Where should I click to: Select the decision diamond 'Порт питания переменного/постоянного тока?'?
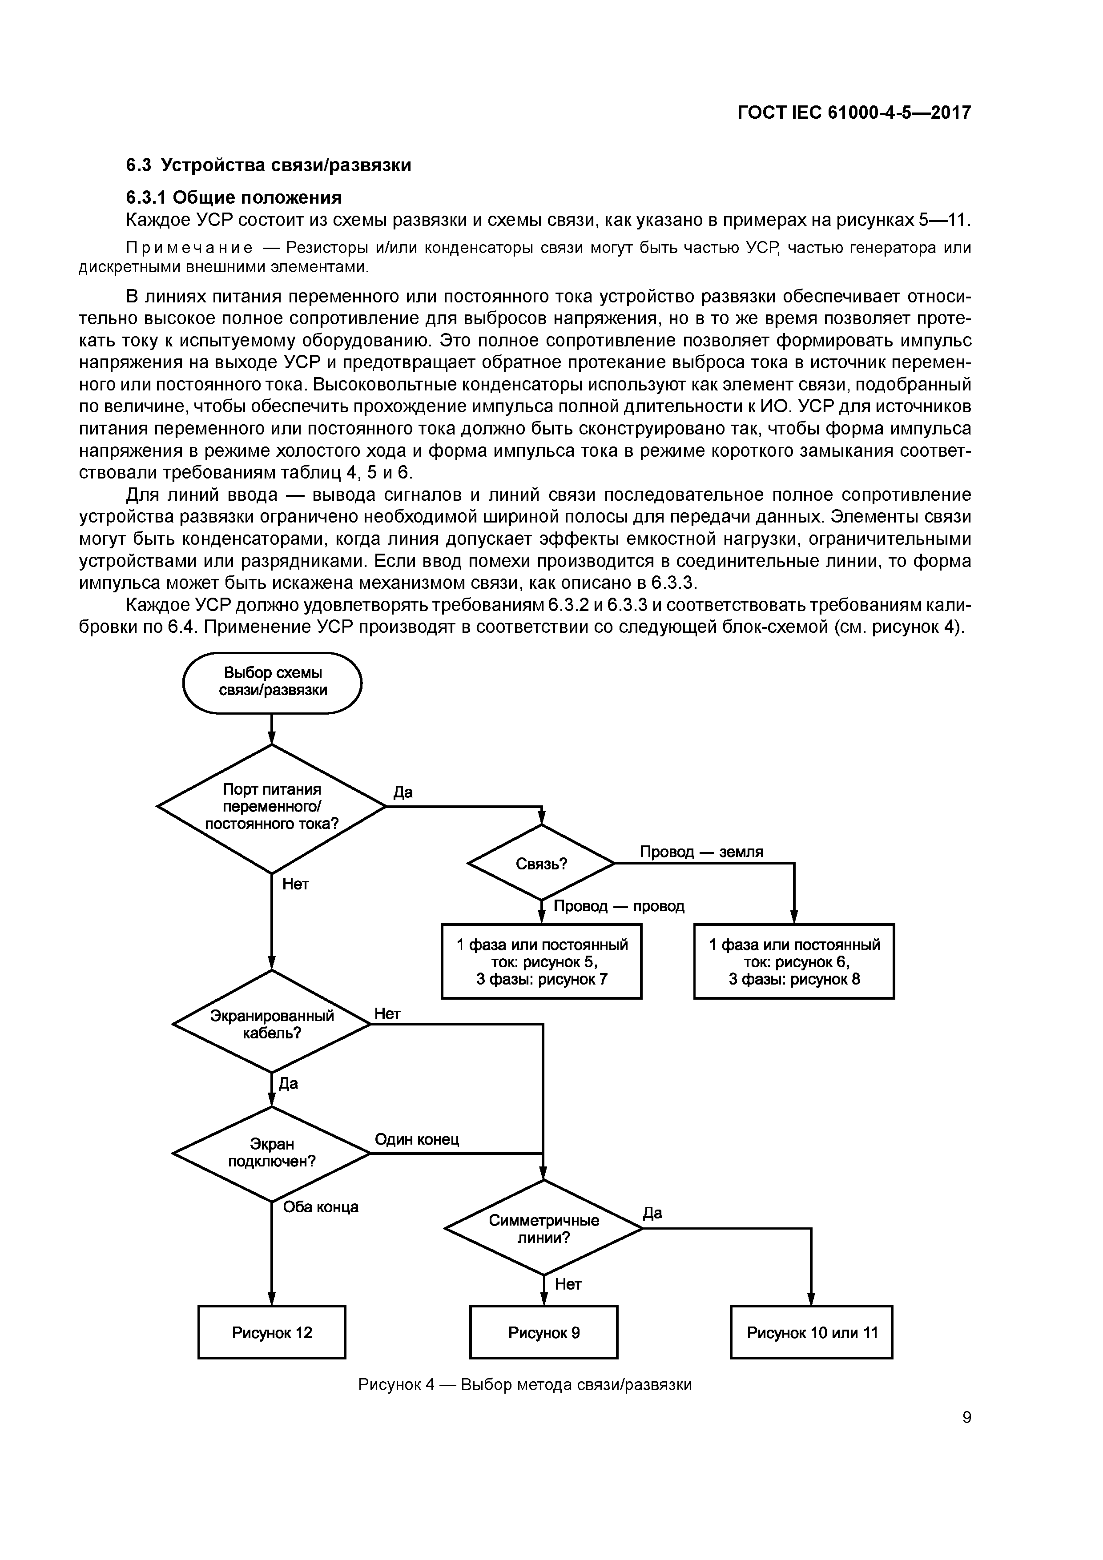(x=272, y=807)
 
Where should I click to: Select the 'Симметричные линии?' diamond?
(x=543, y=1228)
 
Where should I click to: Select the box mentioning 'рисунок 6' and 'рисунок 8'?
(x=794, y=961)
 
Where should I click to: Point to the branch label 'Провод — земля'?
(x=701, y=851)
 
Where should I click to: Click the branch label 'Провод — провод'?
(x=619, y=906)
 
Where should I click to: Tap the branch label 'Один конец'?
(x=417, y=1139)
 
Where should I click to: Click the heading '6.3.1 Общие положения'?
(x=234, y=197)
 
